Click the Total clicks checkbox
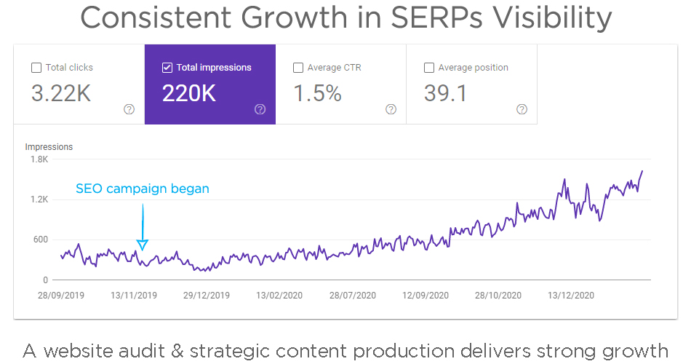(36, 68)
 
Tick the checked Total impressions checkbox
(167, 68)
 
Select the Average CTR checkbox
(298, 68)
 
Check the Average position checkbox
(429, 68)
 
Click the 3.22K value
(61, 93)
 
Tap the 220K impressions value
(189, 93)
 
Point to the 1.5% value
(317, 93)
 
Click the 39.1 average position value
(445, 93)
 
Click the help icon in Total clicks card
(129, 109)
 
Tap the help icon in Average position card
(522, 109)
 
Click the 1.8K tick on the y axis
(39, 159)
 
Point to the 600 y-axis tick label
(40, 240)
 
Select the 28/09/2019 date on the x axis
(60, 296)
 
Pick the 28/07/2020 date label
(354, 296)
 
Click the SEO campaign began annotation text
(143, 189)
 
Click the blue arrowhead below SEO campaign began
(143, 245)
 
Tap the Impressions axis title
(49, 147)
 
